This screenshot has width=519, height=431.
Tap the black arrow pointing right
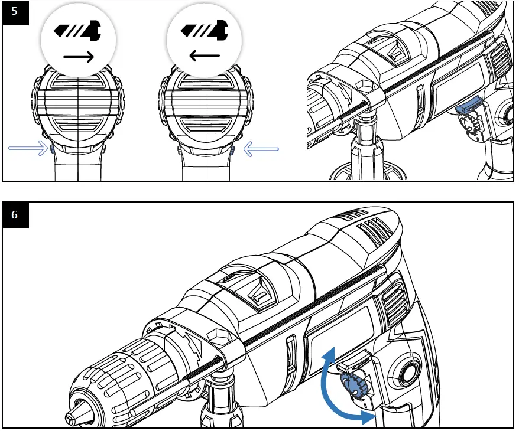point(79,57)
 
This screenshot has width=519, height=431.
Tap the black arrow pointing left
point(205,57)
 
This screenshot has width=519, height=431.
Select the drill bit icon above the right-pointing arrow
point(76,30)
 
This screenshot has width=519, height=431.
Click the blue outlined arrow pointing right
point(28,148)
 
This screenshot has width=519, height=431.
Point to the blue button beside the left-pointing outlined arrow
point(232,151)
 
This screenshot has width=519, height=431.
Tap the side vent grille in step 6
point(393,299)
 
